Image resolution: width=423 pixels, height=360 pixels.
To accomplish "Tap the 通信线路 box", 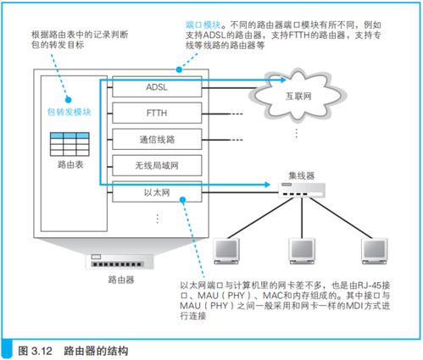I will pos(158,138).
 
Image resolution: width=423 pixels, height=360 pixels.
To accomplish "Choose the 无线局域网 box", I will pos(158,165).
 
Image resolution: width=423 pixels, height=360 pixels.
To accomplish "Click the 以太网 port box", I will pos(158,191).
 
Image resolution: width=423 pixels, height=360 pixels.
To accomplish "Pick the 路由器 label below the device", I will pos(120,277).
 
